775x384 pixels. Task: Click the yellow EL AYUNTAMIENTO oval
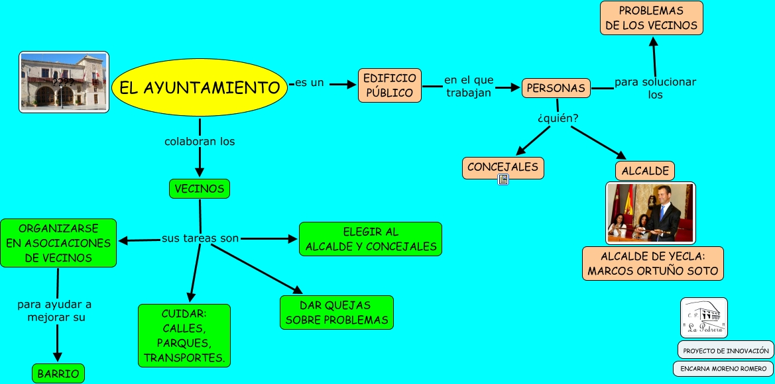tap(199, 87)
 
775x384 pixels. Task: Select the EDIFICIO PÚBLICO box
tap(390, 85)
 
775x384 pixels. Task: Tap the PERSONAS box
tap(556, 88)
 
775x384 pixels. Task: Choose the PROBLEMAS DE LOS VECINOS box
tap(651, 18)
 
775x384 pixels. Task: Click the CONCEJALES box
tap(503, 168)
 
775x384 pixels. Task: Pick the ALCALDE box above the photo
tap(645, 171)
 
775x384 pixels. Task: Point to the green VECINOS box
tap(199, 189)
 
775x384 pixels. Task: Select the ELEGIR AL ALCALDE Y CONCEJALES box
tap(371, 239)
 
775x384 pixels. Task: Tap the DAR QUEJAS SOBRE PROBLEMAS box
tap(336, 312)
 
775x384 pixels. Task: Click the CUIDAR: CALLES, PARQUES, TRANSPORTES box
tap(184, 335)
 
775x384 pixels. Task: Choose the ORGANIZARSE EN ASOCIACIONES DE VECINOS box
tap(58, 243)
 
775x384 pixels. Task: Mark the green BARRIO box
tap(58, 373)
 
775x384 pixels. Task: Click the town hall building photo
tap(64, 82)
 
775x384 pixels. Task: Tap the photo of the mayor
tap(650, 213)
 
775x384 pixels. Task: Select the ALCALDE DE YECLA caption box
tap(652, 264)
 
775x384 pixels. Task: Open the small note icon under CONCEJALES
tap(503, 179)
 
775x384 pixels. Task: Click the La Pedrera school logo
tap(703, 318)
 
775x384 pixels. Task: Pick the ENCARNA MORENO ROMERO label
tap(723, 369)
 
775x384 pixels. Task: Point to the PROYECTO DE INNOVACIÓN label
tap(725, 350)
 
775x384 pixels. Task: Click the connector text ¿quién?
tap(558, 119)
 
